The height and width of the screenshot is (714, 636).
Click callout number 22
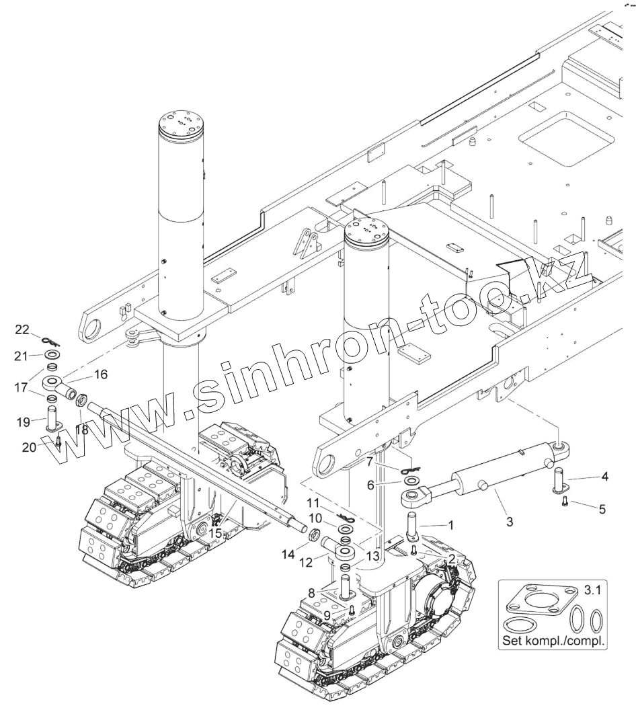pyautogui.click(x=23, y=329)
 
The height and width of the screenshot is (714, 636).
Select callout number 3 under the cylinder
pyautogui.click(x=509, y=521)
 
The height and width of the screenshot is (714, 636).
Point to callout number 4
pyautogui.click(x=604, y=477)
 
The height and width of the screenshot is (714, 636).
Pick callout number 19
pyautogui.click(x=22, y=422)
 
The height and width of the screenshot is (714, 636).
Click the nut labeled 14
pyautogui.click(x=313, y=536)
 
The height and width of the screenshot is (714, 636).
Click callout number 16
pyautogui.click(x=101, y=374)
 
